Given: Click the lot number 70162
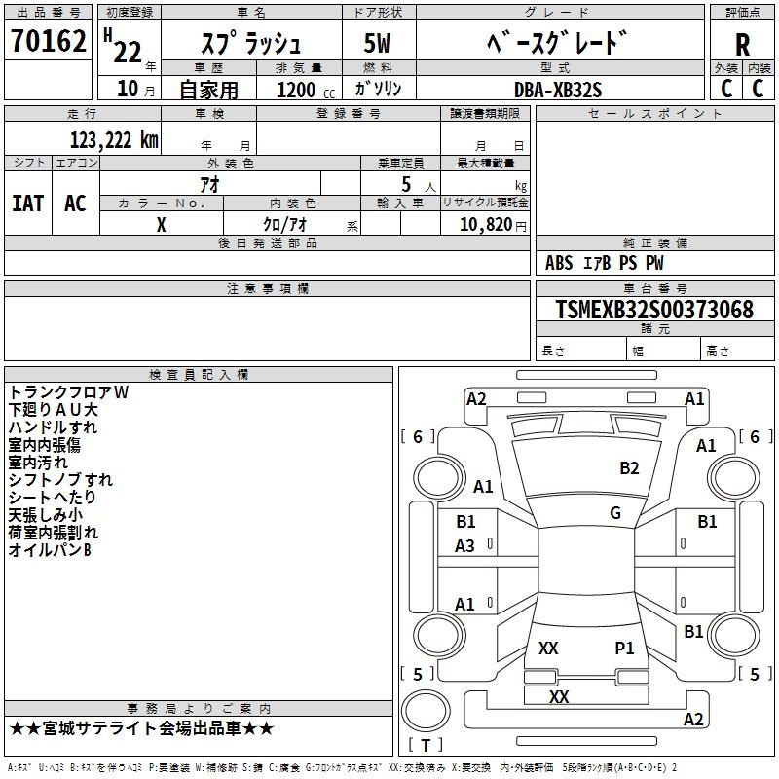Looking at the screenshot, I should [x=49, y=42].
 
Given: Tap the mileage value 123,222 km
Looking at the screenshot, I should [x=114, y=140].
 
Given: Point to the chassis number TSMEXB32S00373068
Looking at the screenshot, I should [x=654, y=311].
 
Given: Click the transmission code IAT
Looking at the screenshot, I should [x=27, y=204].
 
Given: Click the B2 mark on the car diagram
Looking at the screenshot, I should [x=629, y=468].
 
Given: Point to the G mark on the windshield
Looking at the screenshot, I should [x=614, y=513].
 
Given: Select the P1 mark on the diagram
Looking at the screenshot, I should [x=624, y=648].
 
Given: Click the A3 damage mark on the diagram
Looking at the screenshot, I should [x=465, y=546].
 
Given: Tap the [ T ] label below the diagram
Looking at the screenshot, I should [x=425, y=746].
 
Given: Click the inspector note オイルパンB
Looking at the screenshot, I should [x=50, y=551].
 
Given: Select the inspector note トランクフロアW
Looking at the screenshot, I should [x=68, y=392].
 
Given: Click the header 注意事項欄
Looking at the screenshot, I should [x=268, y=289].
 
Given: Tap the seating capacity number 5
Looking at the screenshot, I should [x=405, y=184].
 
